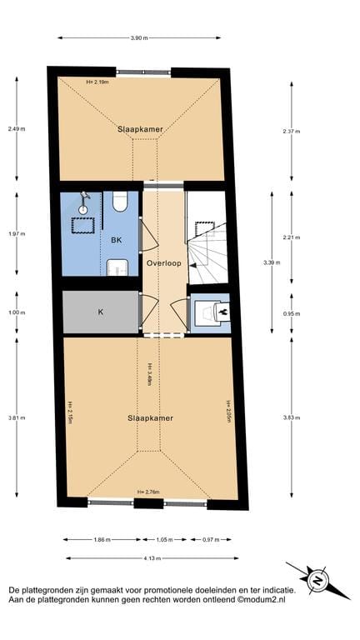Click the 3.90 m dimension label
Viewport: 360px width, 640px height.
[x=140, y=37]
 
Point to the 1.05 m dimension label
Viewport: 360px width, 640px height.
[x=163, y=539]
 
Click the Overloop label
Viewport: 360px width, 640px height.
[x=163, y=263]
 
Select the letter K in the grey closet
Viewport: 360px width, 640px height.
[x=101, y=312]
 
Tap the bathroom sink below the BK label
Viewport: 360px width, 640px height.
[x=117, y=267]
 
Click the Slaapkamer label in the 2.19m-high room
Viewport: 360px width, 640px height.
[x=139, y=129]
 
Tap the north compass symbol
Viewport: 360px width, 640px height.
[x=316, y=577]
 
